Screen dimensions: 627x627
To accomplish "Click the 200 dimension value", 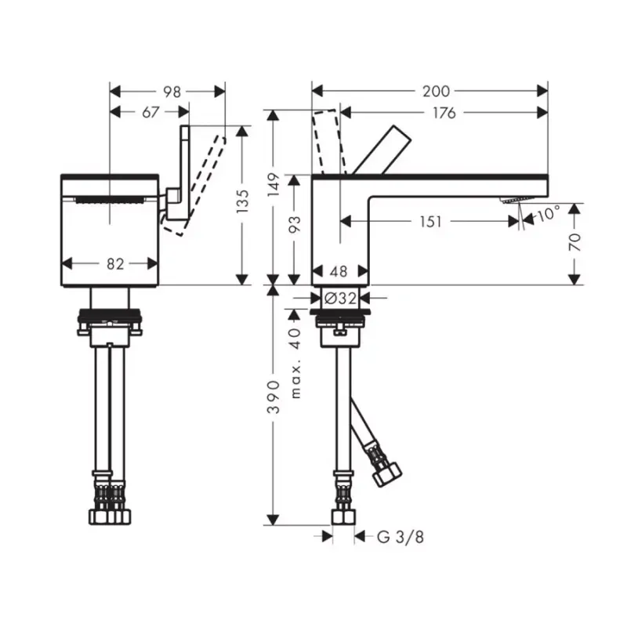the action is click(x=436, y=92).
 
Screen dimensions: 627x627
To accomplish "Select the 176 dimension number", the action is click(x=444, y=113).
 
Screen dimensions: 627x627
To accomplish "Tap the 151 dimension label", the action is click(x=430, y=222).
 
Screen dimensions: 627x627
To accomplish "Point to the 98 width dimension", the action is click(x=172, y=92).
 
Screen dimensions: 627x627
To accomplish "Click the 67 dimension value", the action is click(x=150, y=112).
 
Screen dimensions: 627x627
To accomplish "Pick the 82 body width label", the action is click(x=115, y=264).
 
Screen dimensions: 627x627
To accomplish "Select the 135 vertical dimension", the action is click(x=243, y=201).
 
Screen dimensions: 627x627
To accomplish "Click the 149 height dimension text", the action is click(x=274, y=184).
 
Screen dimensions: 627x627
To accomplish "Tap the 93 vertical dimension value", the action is click(x=295, y=225).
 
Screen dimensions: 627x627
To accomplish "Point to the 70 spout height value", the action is click(x=574, y=242).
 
